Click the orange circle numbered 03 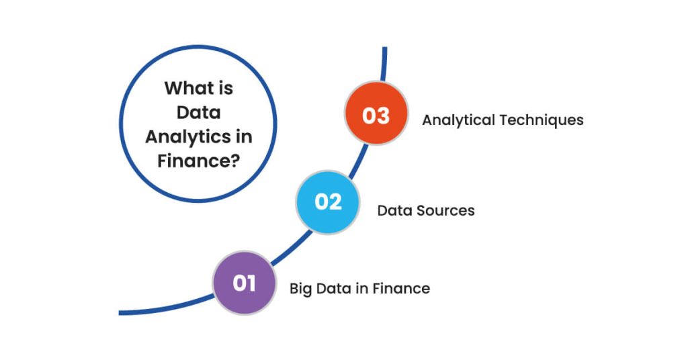coord(376,115)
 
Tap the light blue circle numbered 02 coord(328,201)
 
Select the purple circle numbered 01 coord(245,283)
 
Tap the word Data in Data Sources coord(396,210)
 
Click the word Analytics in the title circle coord(189,136)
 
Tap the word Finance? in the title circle coord(199,161)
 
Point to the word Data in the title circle coord(199,112)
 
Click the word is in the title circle coord(224,88)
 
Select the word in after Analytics coord(245,136)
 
